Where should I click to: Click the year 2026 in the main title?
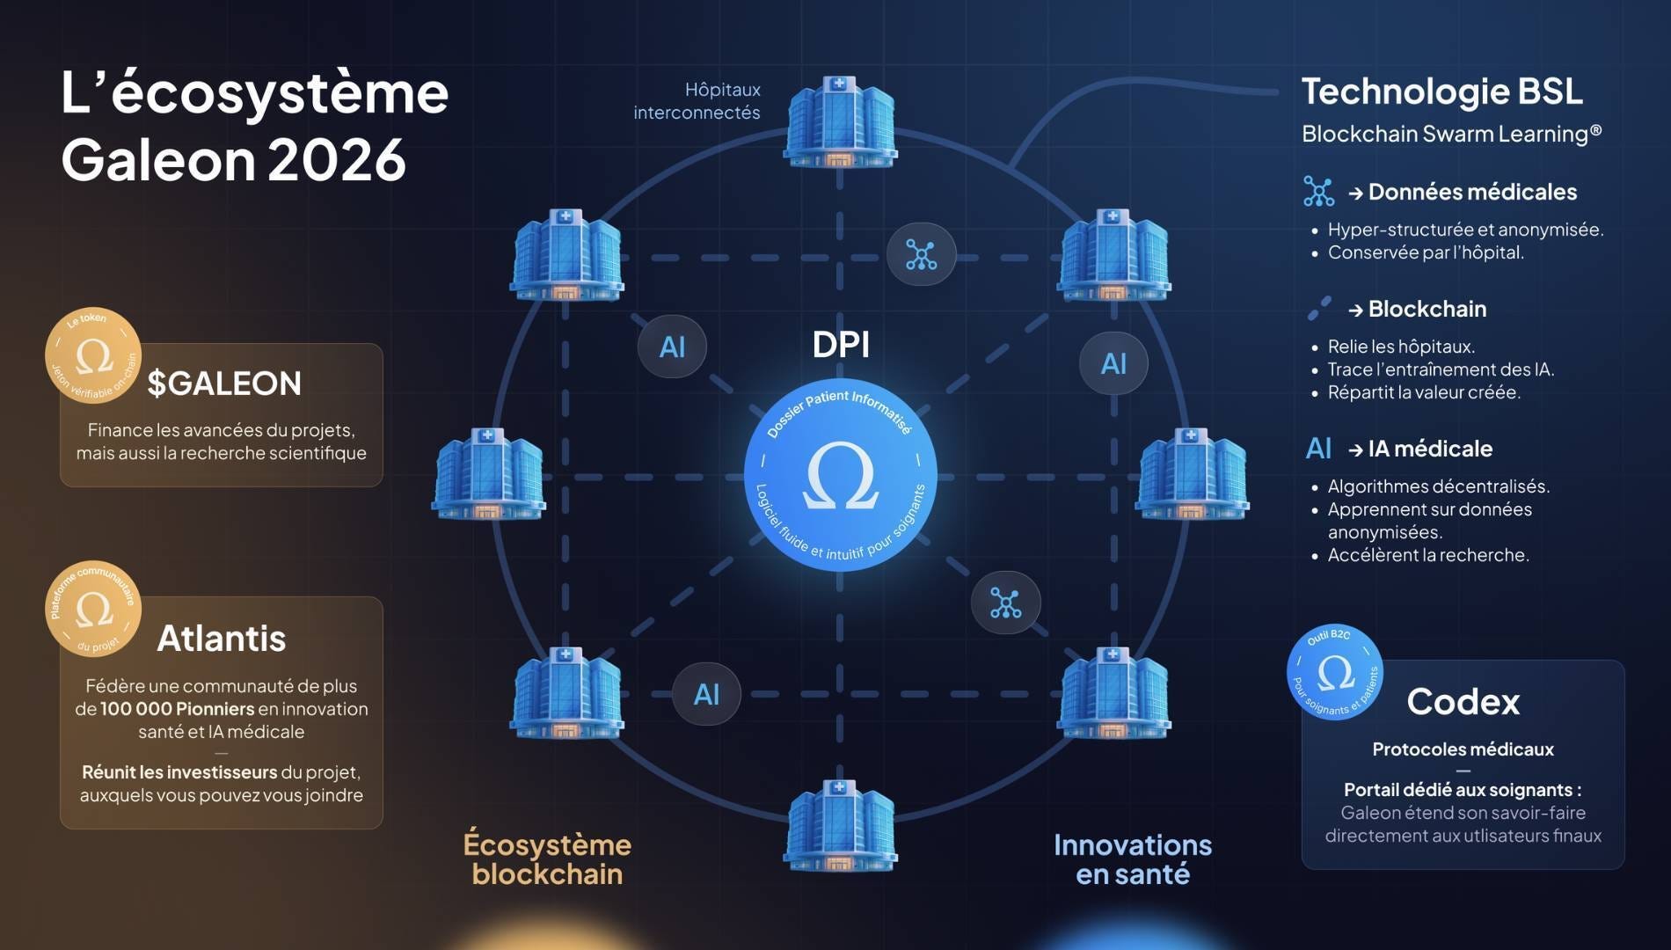click(337, 160)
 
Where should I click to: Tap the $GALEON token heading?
click(224, 384)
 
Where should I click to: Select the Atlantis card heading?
click(222, 639)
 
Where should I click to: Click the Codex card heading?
click(1463, 702)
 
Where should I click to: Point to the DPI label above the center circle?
click(841, 345)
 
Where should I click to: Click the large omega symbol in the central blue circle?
click(840, 477)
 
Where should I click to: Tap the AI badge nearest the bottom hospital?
click(706, 694)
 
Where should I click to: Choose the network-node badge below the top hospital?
click(921, 255)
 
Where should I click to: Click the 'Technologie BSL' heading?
click(1441, 91)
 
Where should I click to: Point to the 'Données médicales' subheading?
click(1472, 192)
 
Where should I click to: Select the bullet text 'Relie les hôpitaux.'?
click(1401, 347)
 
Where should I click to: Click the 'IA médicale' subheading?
click(1430, 449)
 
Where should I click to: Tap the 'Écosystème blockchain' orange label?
click(547, 859)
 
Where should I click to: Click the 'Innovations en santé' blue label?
click(1133, 859)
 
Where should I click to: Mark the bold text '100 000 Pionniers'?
click(177, 709)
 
